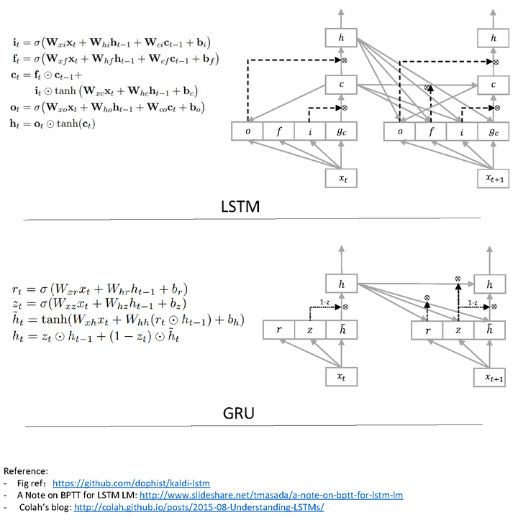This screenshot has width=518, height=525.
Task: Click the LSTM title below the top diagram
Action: (x=240, y=207)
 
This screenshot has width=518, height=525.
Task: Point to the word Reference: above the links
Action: (x=26, y=471)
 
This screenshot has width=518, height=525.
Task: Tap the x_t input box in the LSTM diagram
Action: (x=342, y=175)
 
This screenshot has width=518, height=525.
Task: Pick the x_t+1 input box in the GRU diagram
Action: (x=493, y=377)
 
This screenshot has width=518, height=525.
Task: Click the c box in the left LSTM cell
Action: (x=342, y=85)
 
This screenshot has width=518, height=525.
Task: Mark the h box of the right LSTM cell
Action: (x=493, y=37)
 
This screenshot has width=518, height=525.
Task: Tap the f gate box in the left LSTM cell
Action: (x=279, y=131)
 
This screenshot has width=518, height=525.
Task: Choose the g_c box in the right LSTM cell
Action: (x=493, y=131)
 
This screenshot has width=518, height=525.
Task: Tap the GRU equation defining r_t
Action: (x=99, y=289)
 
